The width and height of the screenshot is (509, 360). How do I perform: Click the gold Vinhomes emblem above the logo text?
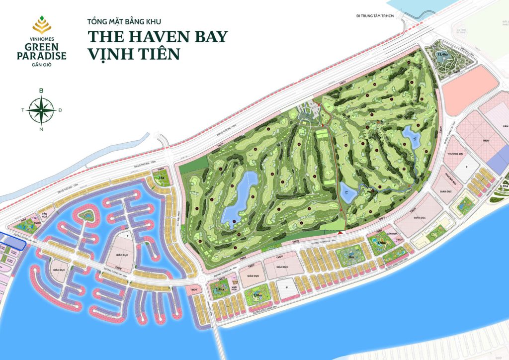pos(41,23)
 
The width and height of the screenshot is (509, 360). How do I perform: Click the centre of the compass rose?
pos(41,109)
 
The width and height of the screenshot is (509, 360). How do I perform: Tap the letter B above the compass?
pos(41,90)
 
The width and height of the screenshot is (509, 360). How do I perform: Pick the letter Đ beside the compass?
pos(60,110)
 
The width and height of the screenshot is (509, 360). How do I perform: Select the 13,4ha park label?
pos(442,53)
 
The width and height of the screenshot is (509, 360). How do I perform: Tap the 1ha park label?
pos(161,177)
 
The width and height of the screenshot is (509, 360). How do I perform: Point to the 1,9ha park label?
pos(381,243)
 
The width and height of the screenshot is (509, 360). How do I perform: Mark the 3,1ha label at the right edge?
pos(503,186)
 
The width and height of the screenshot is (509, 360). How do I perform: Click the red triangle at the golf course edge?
pos(340,232)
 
